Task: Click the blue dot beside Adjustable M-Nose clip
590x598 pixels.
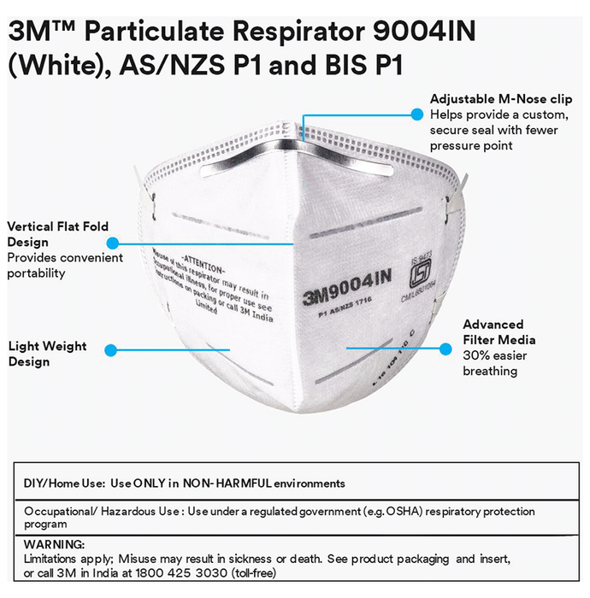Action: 417,114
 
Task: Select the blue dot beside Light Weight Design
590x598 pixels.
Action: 109,349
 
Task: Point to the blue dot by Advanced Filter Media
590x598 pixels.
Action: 445,348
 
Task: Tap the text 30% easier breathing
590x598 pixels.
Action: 490,363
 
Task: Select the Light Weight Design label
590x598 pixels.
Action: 47,354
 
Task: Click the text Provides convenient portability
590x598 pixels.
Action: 65,266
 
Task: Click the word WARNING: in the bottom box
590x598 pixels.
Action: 54,544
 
